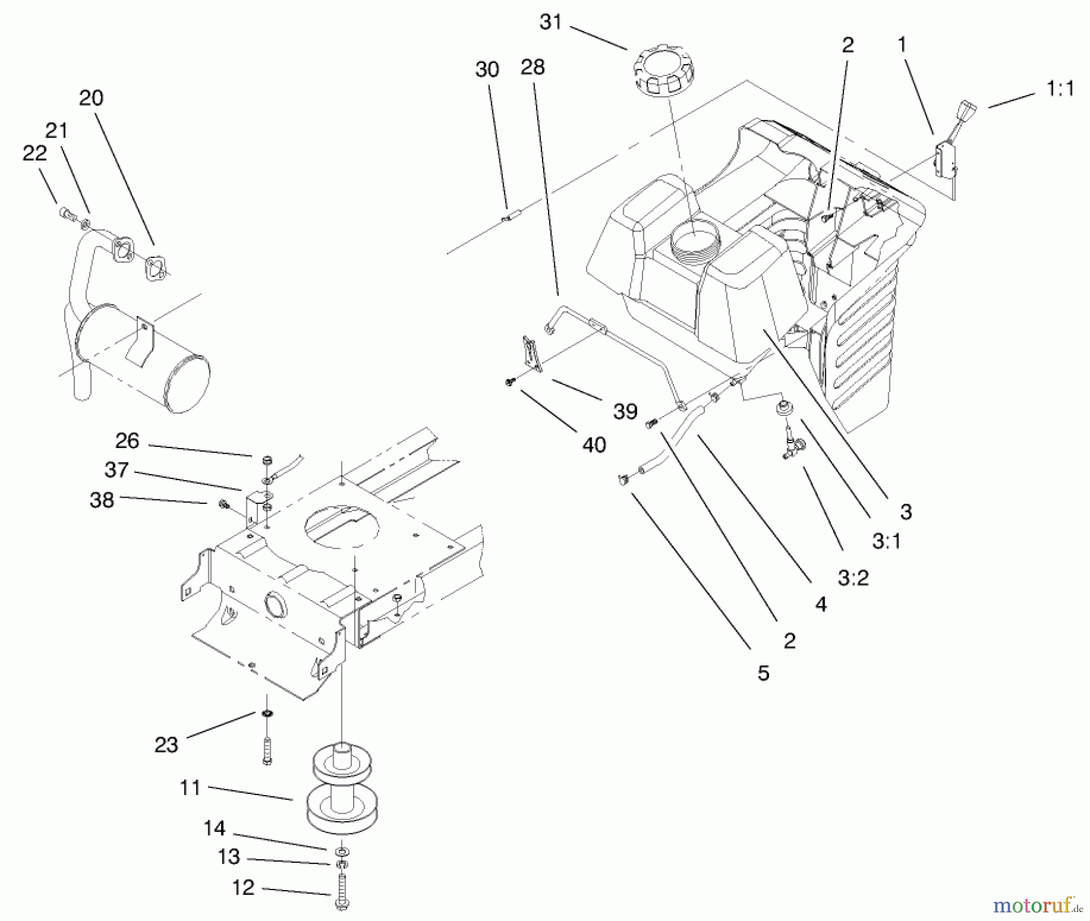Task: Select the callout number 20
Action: tap(91, 98)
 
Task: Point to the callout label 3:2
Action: tap(853, 578)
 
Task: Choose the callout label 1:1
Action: tap(1060, 89)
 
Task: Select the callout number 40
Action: tap(593, 445)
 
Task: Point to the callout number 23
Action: tap(166, 744)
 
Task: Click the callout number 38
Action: tap(101, 500)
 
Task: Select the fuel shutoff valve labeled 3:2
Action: tap(792, 449)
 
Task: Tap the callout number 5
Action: tap(763, 673)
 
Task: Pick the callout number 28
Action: tap(532, 67)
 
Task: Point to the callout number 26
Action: tap(127, 441)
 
